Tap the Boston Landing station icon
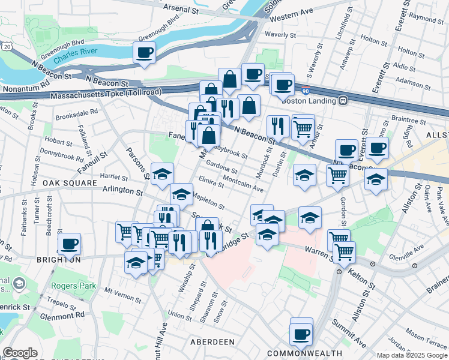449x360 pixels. pos(343,101)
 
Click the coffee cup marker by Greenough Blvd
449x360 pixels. pos(144,52)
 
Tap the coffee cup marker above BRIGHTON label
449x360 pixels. pos(70,244)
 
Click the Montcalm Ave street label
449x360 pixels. pos(243,184)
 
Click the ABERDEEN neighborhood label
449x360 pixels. pos(212,341)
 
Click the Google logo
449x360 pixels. pos(20,353)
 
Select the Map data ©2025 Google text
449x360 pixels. pos(411,355)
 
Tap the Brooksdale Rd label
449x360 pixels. pos(76,112)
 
